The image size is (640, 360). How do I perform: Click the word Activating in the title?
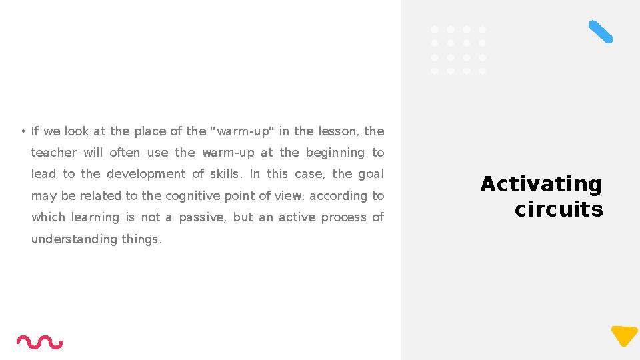[541, 184]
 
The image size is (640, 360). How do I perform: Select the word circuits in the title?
[559, 209]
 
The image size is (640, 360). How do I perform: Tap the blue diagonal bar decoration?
[601, 32]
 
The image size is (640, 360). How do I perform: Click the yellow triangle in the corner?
[625, 335]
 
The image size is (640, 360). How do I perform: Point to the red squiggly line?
[40, 342]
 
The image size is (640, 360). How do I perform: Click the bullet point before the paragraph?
[22, 131]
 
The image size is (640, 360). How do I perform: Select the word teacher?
[54, 153]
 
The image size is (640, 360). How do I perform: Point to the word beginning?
[335, 153]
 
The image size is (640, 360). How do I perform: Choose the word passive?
[203, 217]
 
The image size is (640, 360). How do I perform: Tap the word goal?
[371, 174]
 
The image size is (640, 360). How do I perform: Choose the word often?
[125, 153]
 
